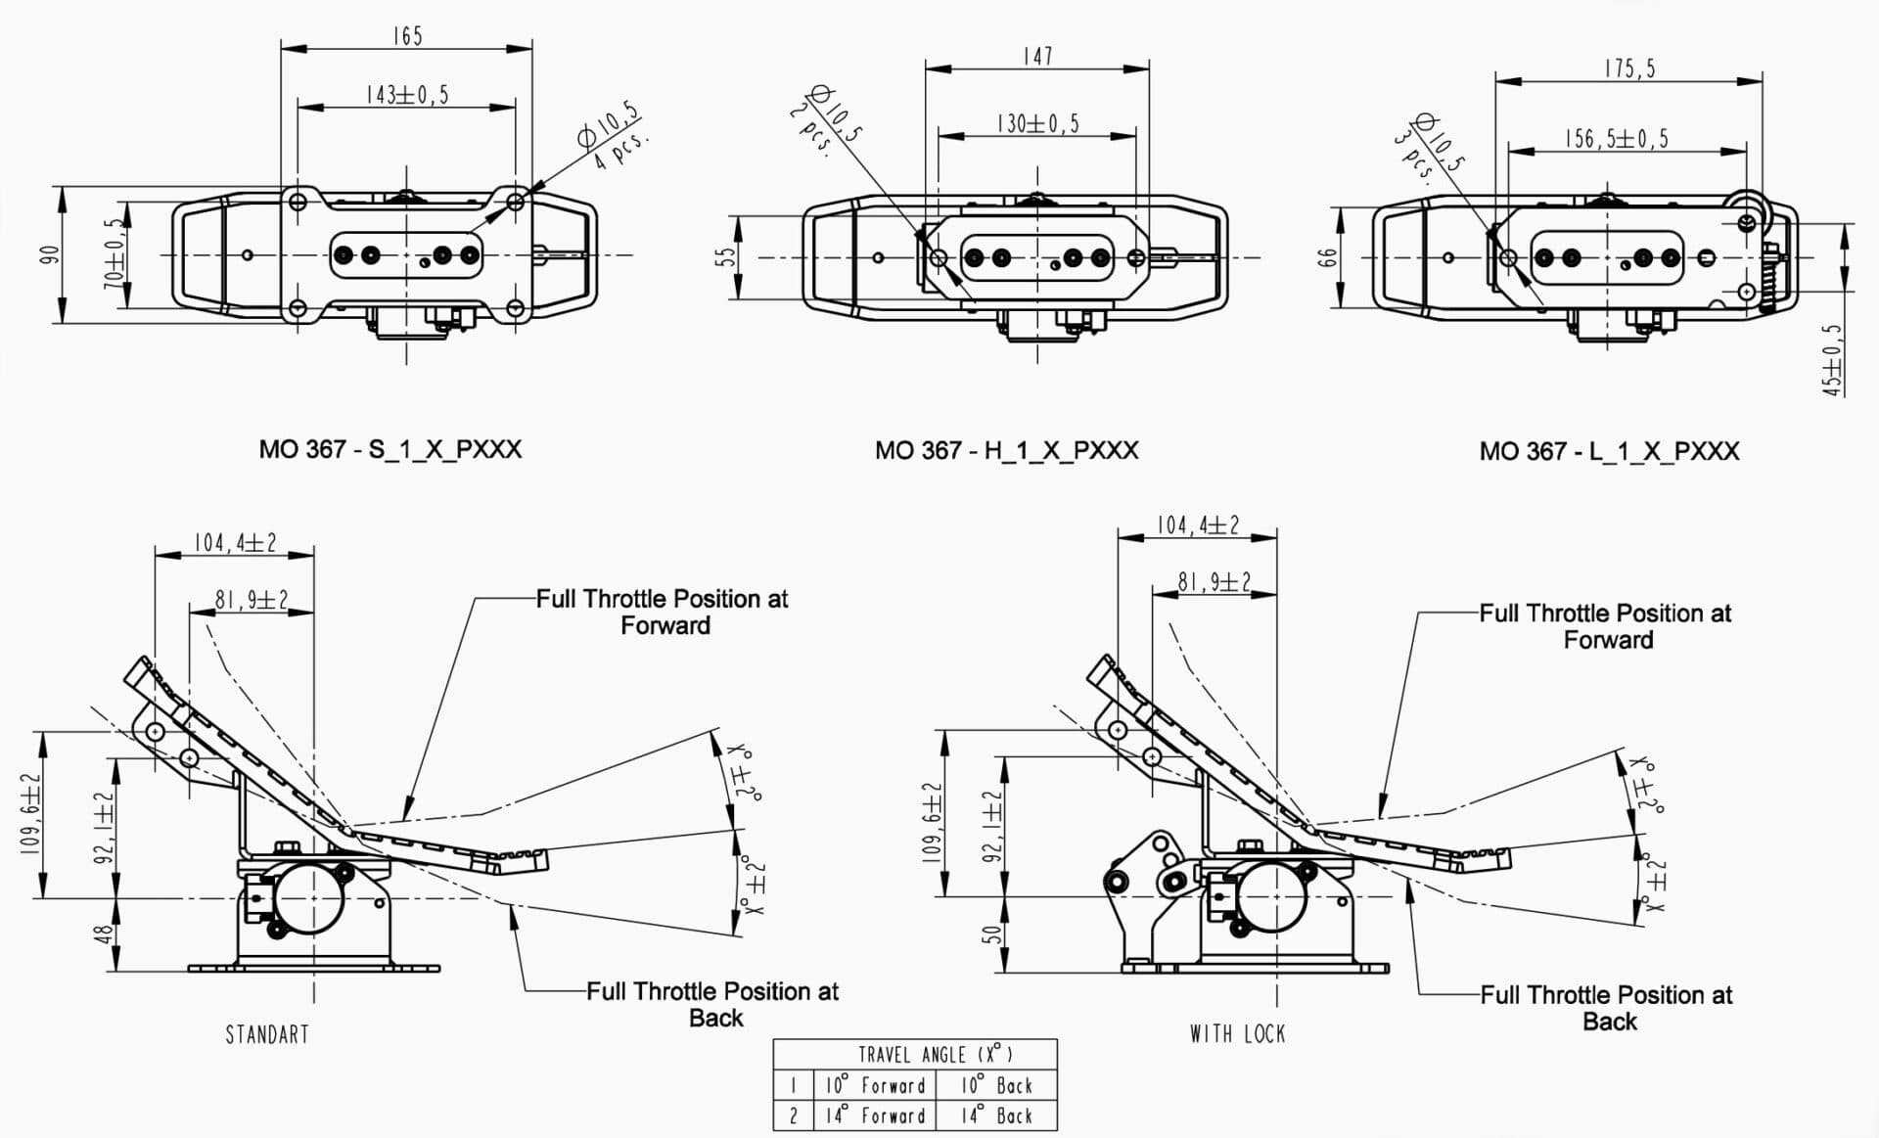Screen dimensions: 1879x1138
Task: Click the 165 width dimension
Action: pos(407,36)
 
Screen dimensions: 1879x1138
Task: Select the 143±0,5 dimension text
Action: pos(407,95)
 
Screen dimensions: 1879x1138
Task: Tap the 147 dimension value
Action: pos(1037,57)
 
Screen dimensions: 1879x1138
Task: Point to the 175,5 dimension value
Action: pos(1629,68)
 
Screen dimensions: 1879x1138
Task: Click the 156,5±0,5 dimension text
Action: pos(1617,139)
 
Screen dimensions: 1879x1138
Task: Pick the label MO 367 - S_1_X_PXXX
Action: pos(390,449)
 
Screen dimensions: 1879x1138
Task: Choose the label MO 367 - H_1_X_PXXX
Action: pos(1007,450)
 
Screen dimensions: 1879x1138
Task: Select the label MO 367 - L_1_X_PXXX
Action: pos(1610,451)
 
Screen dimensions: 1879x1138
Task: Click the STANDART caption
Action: pos(267,1034)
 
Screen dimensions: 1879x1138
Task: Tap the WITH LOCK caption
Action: pos(1238,1033)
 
